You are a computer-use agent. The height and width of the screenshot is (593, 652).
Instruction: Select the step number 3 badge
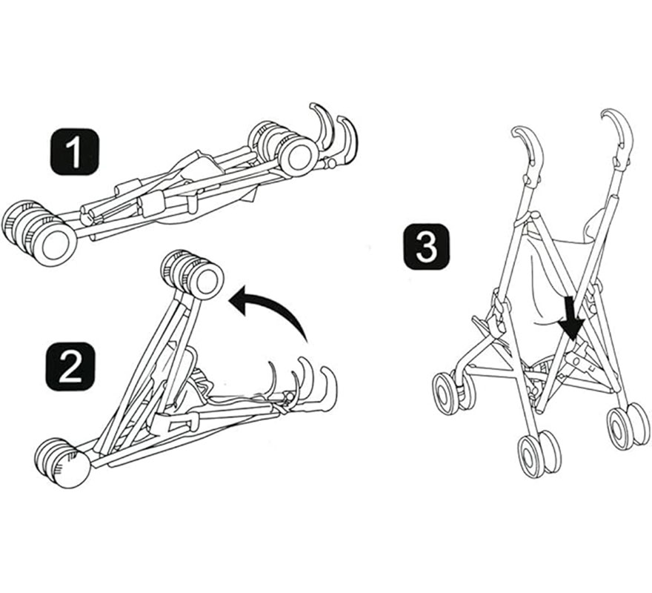click(x=426, y=248)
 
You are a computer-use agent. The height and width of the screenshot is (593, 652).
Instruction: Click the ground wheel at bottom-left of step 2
click(x=64, y=463)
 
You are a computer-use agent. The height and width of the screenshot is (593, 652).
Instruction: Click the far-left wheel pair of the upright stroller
click(x=453, y=391)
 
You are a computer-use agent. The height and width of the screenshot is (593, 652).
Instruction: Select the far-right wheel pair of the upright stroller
click(x=628, y=425)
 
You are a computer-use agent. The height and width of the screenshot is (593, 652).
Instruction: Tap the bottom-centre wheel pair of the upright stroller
click(x=539, y=453)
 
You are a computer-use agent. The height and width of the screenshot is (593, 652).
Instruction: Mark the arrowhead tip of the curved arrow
click(x=232, y=300)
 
